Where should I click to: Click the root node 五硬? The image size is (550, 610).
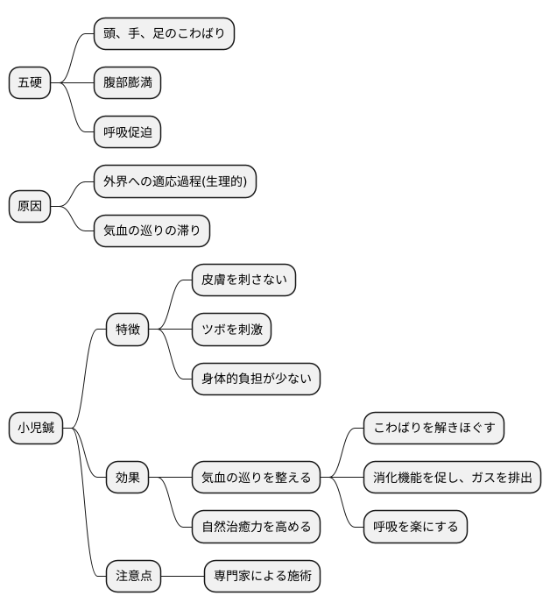pos(30,83)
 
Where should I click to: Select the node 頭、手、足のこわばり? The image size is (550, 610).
pos(164,34)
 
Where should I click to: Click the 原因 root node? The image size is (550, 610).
pos(30,207)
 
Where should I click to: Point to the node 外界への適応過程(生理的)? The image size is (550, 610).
pos(174,182)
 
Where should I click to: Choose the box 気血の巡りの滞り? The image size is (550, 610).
pos(152,231)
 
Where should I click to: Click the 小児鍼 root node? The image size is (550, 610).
pos(36,429)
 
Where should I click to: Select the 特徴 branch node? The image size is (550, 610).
pos(127,330)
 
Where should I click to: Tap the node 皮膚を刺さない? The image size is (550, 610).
pos(243,280)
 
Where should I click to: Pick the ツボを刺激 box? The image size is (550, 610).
pos(231,330)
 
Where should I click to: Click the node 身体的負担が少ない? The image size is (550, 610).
pos(256,379)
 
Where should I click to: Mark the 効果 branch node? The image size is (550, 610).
pos(127,478)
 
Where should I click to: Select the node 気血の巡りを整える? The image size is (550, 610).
pos(256,478)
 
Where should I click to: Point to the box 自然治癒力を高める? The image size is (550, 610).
pos(256,527)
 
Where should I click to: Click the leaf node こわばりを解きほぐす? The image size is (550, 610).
pos(434,429)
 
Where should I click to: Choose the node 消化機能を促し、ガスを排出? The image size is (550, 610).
pos(452,478)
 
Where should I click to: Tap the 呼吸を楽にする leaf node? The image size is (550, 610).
pos(415,527)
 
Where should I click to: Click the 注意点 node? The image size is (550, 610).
pos(133,577)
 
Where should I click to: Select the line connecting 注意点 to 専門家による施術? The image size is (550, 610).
pos(182,577)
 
